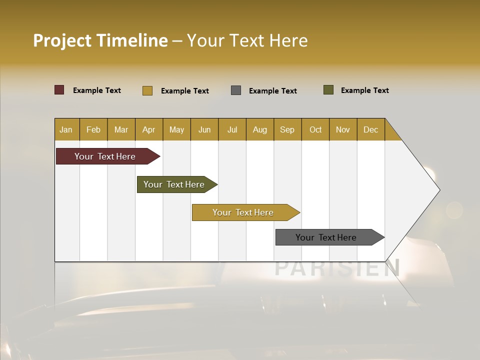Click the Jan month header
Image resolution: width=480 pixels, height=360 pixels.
66,129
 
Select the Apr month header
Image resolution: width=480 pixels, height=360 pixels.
149,129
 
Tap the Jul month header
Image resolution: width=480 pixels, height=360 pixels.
232,129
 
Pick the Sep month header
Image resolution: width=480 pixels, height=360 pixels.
287,129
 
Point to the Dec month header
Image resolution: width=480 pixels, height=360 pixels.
370,129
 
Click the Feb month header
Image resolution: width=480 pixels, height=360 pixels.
93,129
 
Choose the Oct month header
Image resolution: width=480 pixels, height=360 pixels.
315,129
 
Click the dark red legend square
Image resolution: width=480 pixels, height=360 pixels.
59,90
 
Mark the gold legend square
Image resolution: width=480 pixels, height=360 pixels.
147,90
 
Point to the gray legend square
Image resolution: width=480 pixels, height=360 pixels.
236,90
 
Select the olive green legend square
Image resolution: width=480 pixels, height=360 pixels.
328,90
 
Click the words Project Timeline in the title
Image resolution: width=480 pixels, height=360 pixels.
100,40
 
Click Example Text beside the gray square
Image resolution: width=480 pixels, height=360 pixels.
273,91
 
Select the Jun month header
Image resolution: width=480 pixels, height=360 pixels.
204,129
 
